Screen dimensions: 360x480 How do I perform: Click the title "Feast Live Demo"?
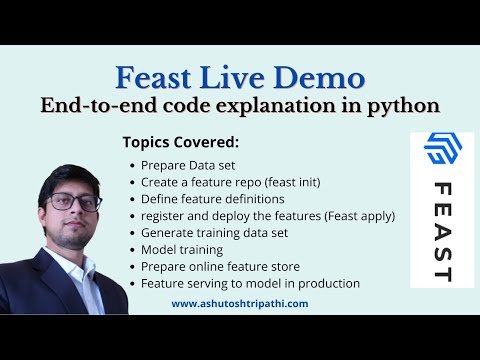pyautogui.click(x=240, y=77)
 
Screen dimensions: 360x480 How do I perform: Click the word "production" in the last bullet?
pyautogui.click(x=325, y=283)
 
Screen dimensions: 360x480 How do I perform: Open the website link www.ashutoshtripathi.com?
pyautogui.click(x=240, y=303)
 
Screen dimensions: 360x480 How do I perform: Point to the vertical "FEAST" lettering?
pyautogui.click(x=442, y=232)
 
